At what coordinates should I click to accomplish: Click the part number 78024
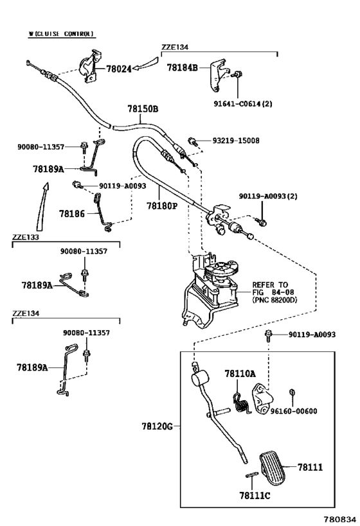[x=119, y=69]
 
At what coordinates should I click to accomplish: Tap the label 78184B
[x=182, y=67]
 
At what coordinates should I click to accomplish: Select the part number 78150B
[x=143, y=109]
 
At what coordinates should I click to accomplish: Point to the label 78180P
[x=161, y=205]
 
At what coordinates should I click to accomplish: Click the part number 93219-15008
[x=236, y=141]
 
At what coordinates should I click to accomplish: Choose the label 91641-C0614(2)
[x=243, y=103]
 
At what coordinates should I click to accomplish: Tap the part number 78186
[x=72, y=213]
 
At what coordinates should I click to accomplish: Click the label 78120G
[x=157, y=426]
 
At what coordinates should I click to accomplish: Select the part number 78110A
[x=240, y=373]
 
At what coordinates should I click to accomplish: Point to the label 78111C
[x=255, y=495]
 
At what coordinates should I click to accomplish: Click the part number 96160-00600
[x=294, y=411]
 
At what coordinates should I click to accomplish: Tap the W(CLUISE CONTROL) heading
[x=61, y=33]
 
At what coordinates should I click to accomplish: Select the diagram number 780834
[x=339, y=519]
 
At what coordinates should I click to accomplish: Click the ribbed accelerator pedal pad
[x=273, y=468]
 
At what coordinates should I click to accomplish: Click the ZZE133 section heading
[x=26, y=237]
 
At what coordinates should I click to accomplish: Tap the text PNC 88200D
[x=275, y=300]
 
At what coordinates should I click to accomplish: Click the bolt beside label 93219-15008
[x=193, y=141]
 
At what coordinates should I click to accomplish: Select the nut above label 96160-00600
[x=292, y=392]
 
